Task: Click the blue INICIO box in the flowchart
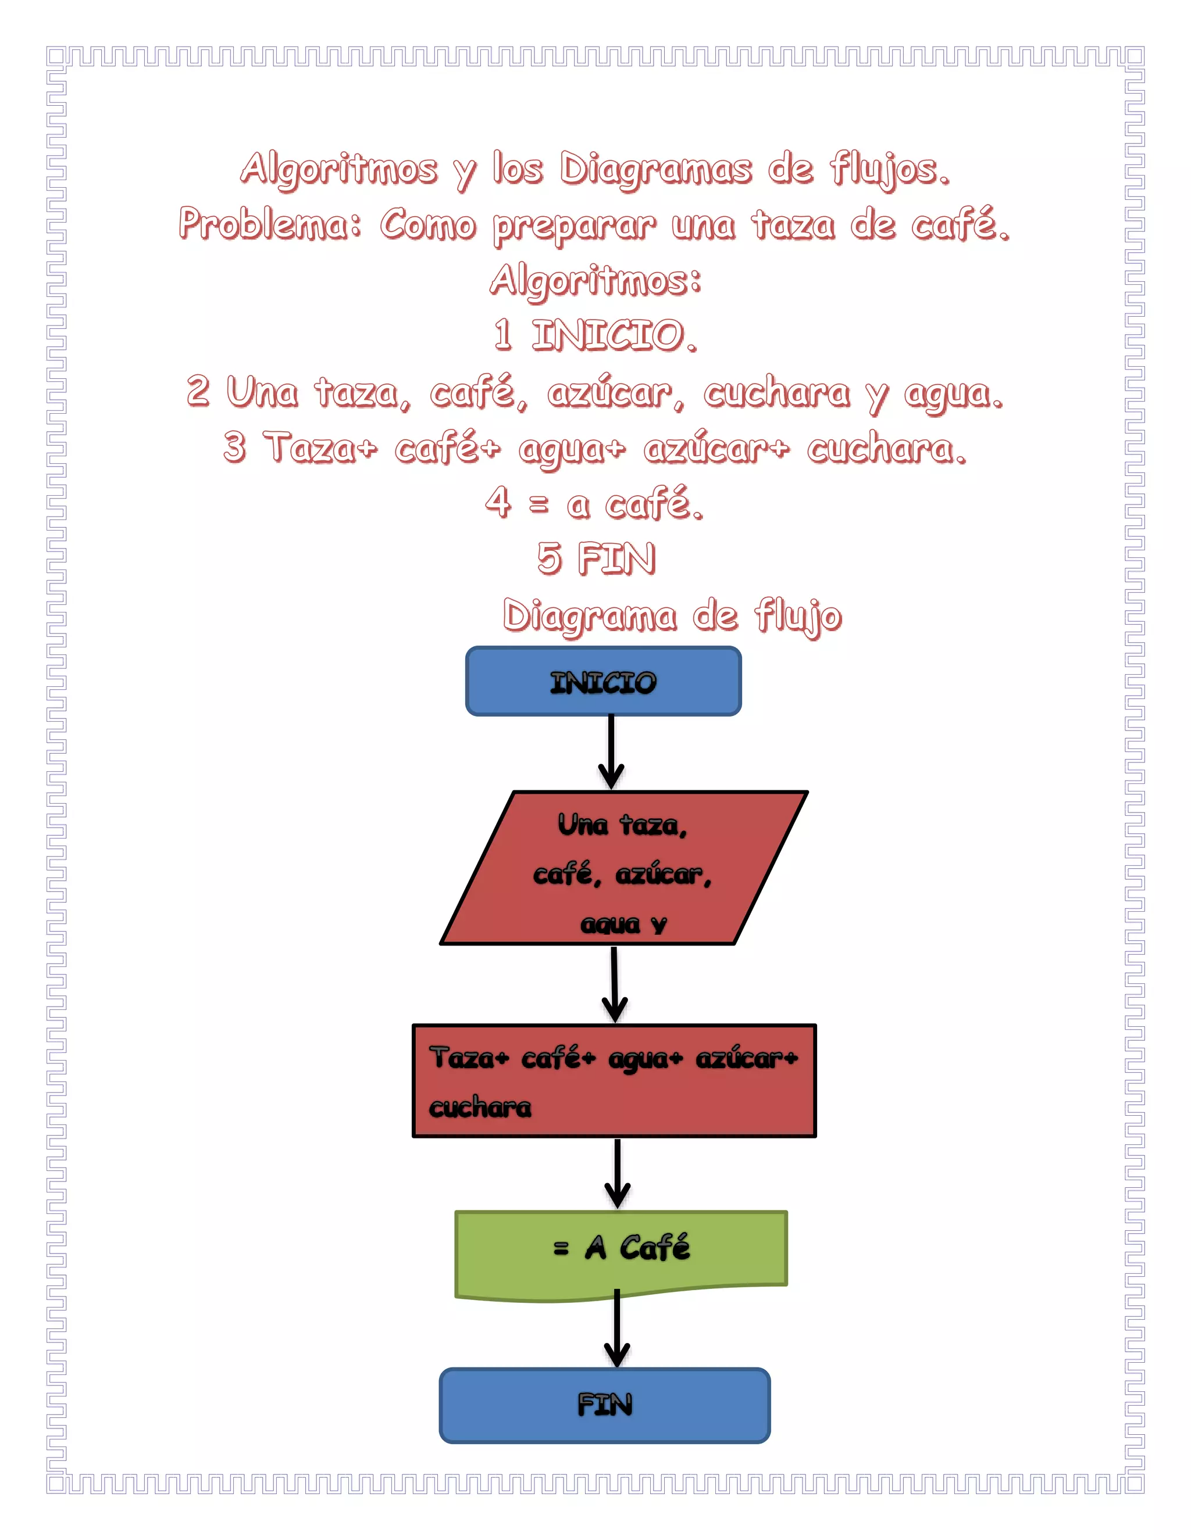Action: pos(603,681)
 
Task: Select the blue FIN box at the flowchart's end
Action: pos(605,1405)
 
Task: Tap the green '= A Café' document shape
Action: pos(621,1252)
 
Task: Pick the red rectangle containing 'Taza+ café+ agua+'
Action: pos(614,1080)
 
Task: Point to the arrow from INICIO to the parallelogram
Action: pos(611,753)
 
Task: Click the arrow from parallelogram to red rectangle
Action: pos(615,984)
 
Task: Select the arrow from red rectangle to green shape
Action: pos(618,1173)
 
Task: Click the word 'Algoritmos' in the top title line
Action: pos(338,170)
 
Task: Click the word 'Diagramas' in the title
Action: pos(655,170)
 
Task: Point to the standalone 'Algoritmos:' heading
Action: pos(595,280)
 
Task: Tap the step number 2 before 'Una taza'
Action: pos(198,391)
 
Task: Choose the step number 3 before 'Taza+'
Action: pos(235,447)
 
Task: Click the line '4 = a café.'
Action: pos(595,503)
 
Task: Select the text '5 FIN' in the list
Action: pos(596,559)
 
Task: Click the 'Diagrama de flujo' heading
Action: pos(672,616)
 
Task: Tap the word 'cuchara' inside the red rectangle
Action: pos(480,1107)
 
